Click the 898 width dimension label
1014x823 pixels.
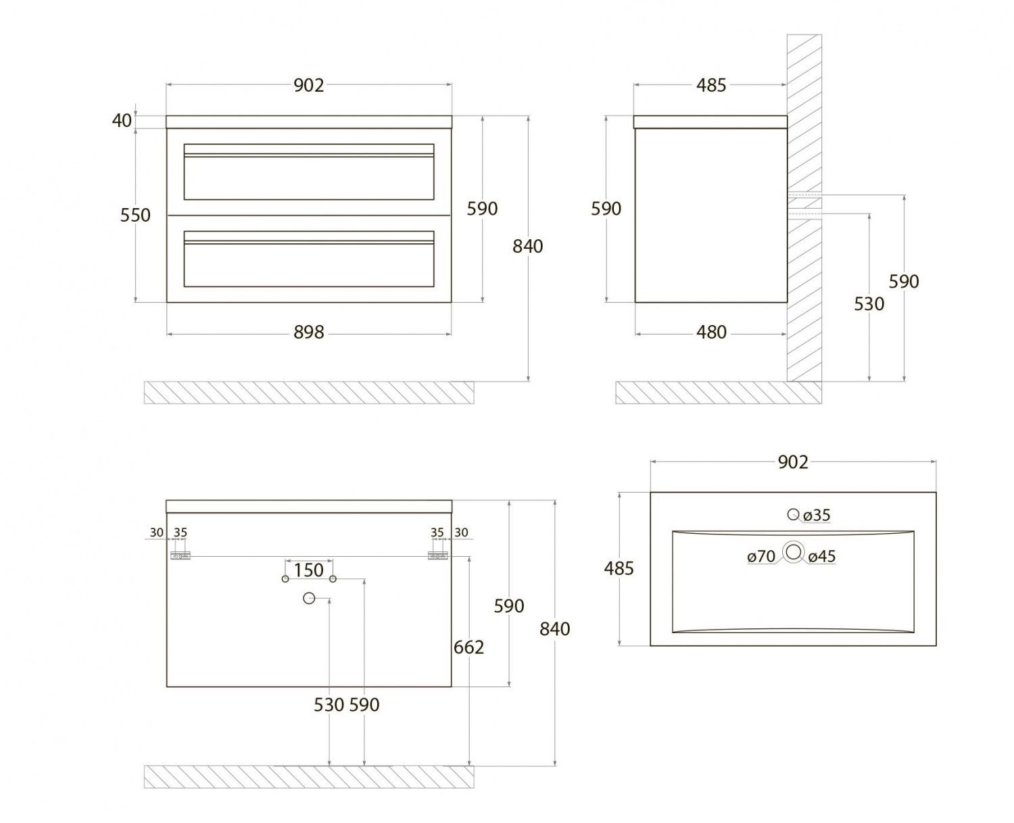(x=309, y=332)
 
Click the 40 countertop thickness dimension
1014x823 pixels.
(x=122, y=121)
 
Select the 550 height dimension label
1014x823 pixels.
(x=135, y=216)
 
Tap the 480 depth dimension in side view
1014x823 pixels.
(x=711, y=332)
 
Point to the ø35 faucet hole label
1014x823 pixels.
(x=817, y=516)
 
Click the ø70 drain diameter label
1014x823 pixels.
(x=761, y=557)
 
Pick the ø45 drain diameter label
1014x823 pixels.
(x=822, y=557)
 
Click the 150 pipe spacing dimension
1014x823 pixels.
(x=309, y=570)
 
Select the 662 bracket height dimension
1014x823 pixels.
(x=468, y=647)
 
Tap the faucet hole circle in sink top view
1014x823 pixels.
(x=793, y=515)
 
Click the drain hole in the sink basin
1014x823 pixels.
(x=794, y=553)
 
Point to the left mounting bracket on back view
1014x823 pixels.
(x=180, y=555)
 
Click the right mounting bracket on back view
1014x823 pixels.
(x=437, y=555)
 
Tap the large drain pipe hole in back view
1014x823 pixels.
(x=309, y=598)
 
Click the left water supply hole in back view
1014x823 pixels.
(x=285, y=579)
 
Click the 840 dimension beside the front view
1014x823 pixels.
(x=527, y=247)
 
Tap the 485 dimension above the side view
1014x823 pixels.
(x=711, y=86)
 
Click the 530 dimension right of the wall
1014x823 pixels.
(x=869, y=304)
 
